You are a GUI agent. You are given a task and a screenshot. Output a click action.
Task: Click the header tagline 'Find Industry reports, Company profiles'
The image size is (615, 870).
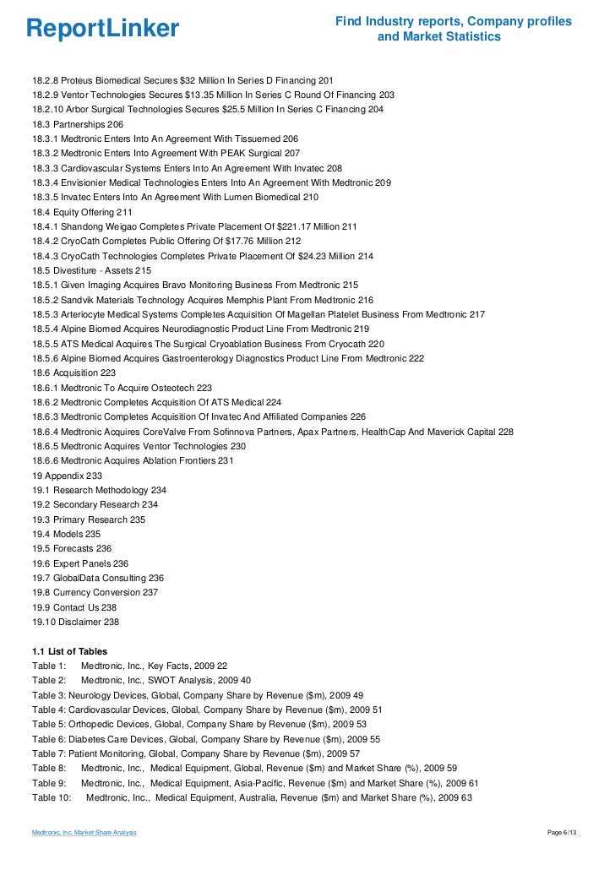(x=454, y=20)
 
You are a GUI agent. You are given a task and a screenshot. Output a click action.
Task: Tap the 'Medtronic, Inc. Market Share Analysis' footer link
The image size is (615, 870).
(x=84, y=834)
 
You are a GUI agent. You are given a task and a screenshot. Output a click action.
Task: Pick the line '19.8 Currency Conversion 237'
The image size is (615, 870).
(x=95, y=592)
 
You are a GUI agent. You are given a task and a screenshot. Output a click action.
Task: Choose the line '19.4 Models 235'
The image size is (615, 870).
(x=67, y=534)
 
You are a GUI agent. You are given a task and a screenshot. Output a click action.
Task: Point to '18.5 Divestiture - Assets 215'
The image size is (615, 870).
(x=92, y=270)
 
